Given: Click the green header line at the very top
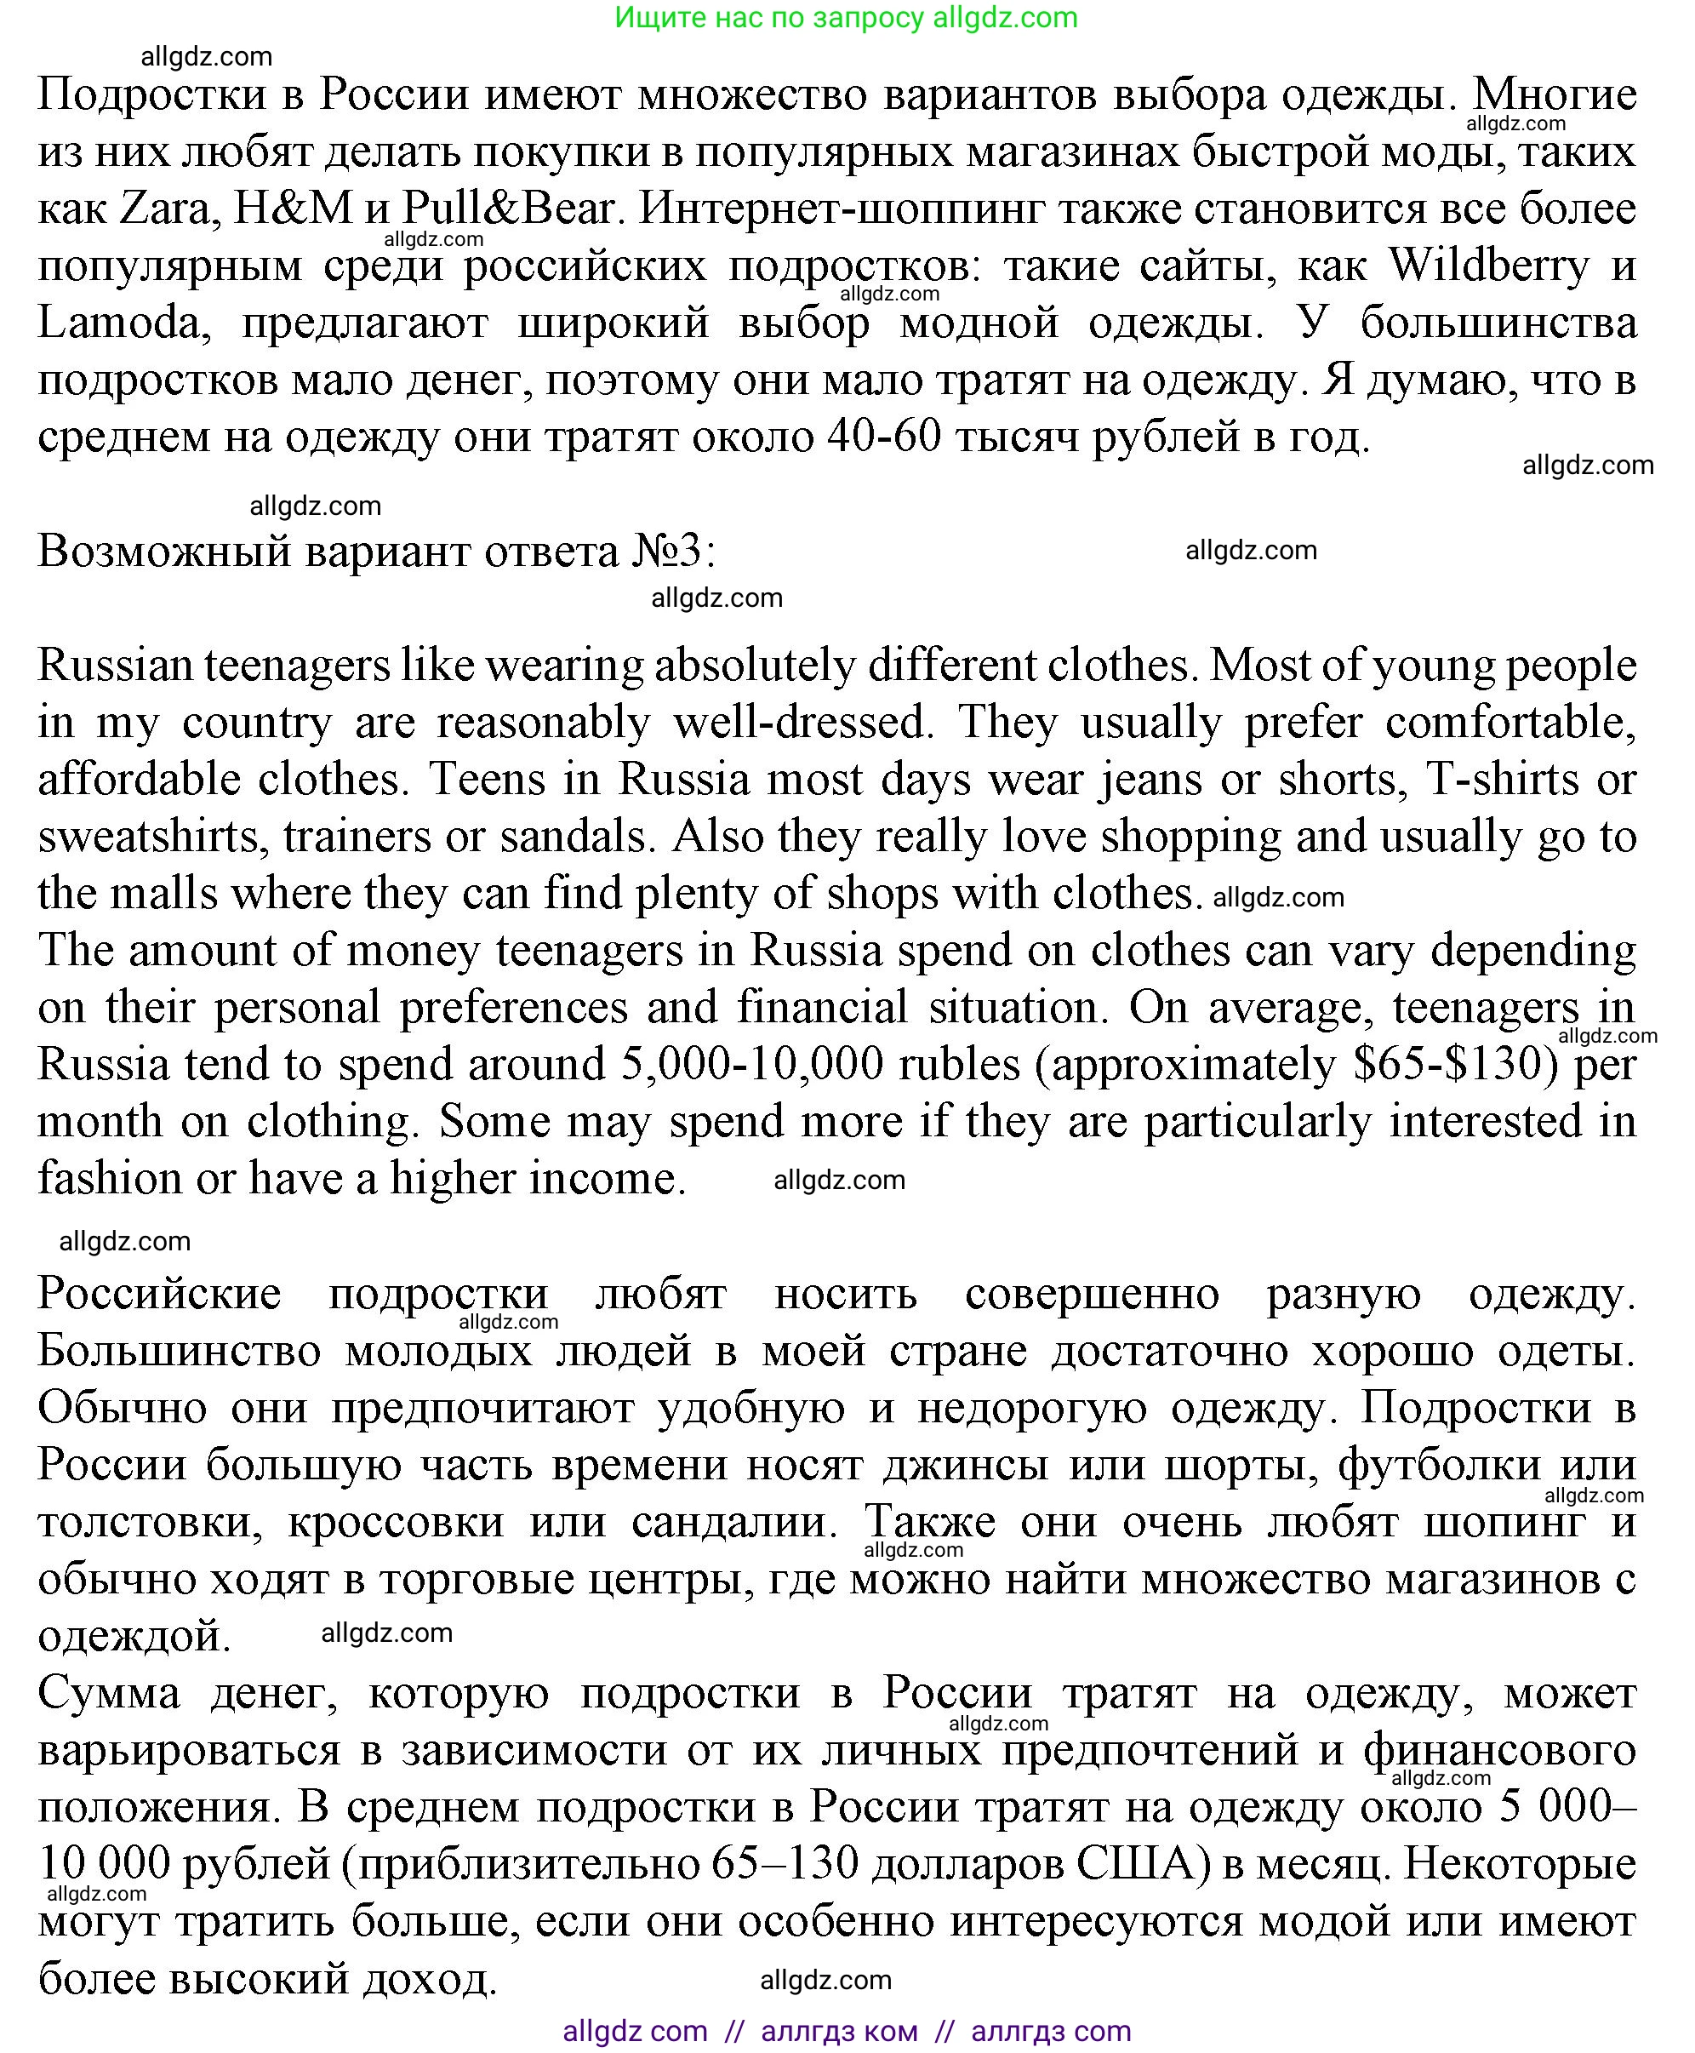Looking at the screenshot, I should coord(847,18).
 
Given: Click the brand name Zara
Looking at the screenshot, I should coord(165,209).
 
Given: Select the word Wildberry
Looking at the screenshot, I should coord(1488,266).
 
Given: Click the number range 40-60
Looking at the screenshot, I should coord(883,437).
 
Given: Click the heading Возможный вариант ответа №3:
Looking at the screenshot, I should coord(377,552).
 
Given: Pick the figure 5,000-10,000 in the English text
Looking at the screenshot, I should coord(752,1065).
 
